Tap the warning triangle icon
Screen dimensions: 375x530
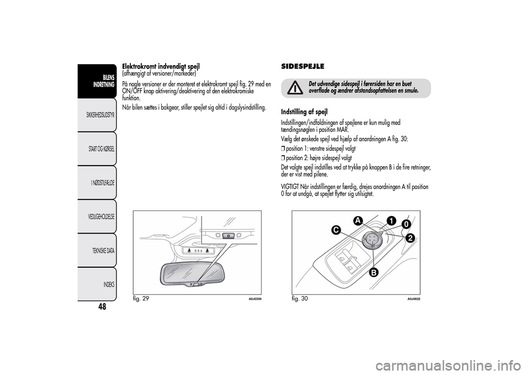coord(296,87)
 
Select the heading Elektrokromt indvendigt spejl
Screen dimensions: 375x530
coord(161,66)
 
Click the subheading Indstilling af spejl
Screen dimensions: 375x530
coord(304,112)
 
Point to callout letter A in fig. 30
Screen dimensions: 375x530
coord(358,220)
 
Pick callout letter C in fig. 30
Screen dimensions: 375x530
coord(336,229)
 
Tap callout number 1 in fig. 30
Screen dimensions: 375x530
coord(391,220)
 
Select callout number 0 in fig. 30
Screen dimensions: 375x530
coord(406,225)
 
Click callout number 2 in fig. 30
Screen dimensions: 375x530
coord(410,238)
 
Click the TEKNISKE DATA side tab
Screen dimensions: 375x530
coord(104,250)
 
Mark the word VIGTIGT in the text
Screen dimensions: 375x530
coord(290,187)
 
